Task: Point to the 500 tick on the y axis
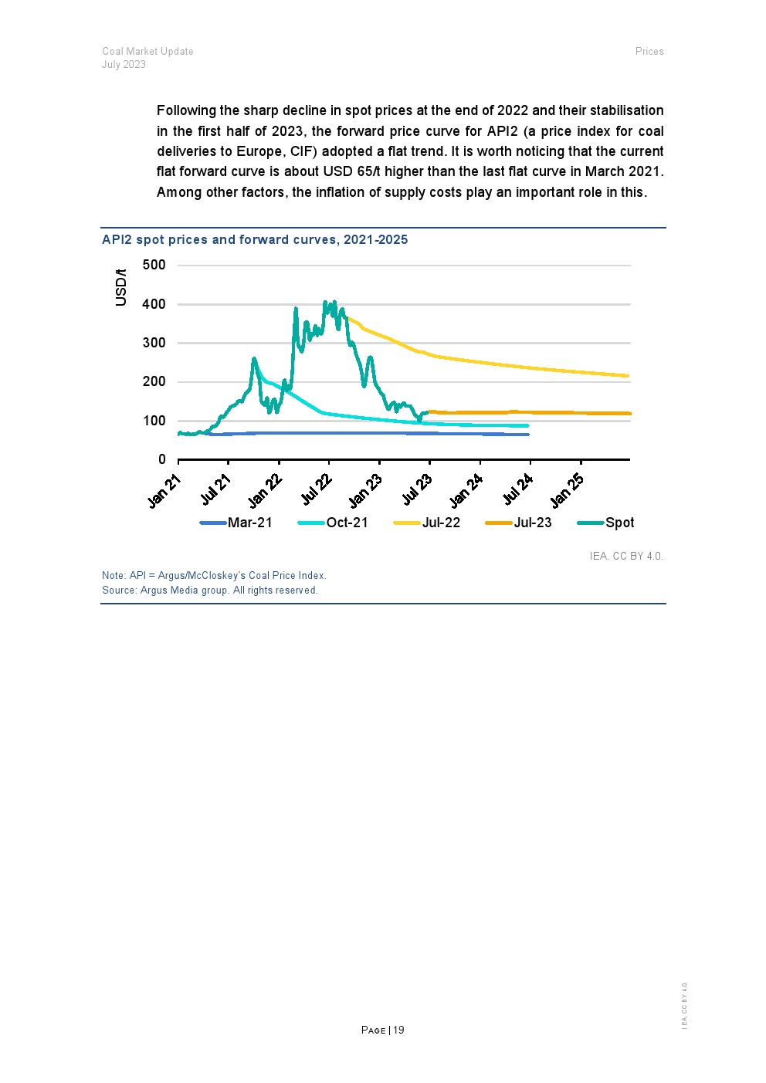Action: [x=154, y=266]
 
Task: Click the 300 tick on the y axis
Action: [x=154, y=343]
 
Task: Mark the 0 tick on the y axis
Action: [x=162, y=459]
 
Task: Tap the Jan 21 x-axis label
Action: [x=164, y=491]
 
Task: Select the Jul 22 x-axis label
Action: [x=317, y=491]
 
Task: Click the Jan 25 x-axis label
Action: [x=568, y=491]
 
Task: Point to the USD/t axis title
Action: [x=121, y=287]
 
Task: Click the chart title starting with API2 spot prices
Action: [x=255, y=239]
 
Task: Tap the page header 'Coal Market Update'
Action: [x=147, y=51]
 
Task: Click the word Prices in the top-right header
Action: [x=649, y=51]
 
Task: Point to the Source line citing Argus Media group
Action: [x=210, y=591]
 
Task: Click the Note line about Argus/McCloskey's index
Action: [x=214, y=576]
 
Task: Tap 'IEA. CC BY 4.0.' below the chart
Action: [x=626, y=556]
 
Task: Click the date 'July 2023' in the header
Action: [x=124, y=65]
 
